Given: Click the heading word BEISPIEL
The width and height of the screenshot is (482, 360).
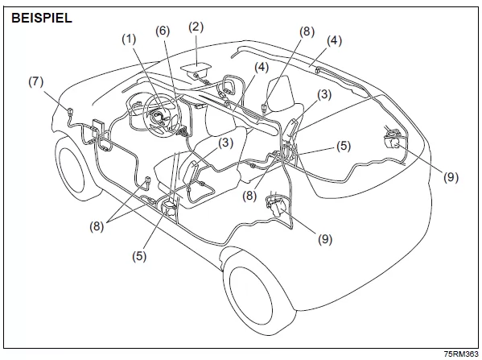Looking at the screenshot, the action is (42, 18).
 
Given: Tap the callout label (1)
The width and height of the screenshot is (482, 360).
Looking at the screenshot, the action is (129, 39).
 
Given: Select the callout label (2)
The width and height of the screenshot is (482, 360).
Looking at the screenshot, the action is (196, 27).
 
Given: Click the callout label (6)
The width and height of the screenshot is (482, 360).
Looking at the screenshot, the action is (163, 31).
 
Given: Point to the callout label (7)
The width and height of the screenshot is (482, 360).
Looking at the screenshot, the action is (36, 82).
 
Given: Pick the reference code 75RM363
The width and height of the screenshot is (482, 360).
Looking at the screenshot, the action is (461, 354).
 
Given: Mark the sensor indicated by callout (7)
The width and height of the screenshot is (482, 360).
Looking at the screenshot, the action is (69, 112).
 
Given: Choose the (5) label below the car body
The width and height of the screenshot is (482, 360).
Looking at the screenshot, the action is (139, 256).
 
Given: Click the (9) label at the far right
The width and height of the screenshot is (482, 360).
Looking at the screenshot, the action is (451, 177).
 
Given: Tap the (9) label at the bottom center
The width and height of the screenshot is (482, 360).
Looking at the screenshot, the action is (325, 239).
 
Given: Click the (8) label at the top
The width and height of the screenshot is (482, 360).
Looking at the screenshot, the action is (307, 32).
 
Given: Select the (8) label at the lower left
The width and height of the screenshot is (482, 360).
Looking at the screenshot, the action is (97, 227).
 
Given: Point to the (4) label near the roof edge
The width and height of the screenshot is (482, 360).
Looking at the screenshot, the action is (334, 41).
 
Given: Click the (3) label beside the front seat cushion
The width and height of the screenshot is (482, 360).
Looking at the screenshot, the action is (226, 143).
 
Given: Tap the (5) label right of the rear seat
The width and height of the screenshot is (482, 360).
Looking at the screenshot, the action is (344, 146).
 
